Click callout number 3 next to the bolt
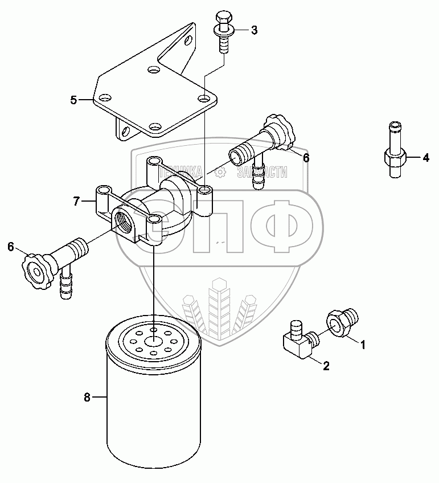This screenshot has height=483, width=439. click(x=254, y=30)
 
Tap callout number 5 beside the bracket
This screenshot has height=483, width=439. click(x=74, y=100)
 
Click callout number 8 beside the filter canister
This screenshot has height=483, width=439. click(x=87, y=398)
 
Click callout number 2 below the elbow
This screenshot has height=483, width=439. click(x=326, y=366)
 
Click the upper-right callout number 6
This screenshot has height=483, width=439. click(x=306, y=158)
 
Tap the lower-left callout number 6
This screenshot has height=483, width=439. click(x=10, y=247)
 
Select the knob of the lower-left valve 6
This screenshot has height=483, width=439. click(x=35, y=267)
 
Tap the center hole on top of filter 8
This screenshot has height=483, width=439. click(x=154, y=342)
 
